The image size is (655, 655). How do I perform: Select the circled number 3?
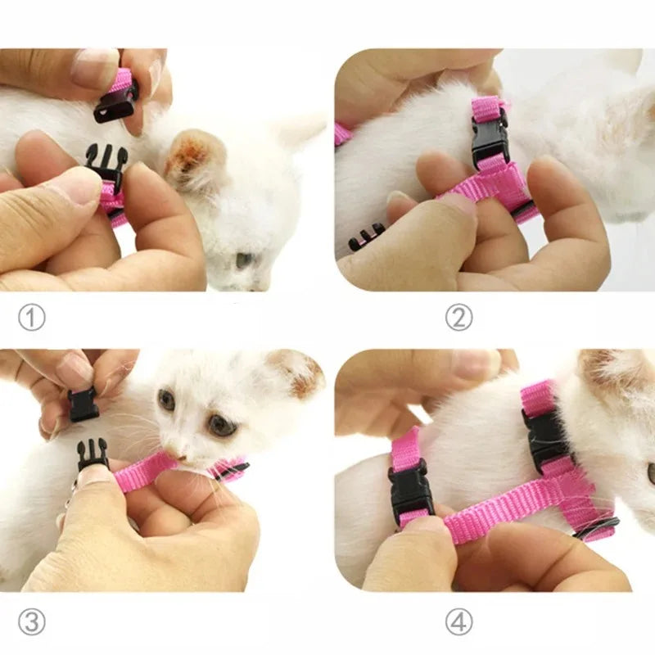[31, 622]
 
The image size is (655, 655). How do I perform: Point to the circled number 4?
[458, 622]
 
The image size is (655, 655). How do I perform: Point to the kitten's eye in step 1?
[244, 260]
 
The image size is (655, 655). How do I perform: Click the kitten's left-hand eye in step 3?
[166, 400]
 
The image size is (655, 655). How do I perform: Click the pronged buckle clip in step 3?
[93, 454]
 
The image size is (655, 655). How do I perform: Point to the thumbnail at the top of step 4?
[475, 364]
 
